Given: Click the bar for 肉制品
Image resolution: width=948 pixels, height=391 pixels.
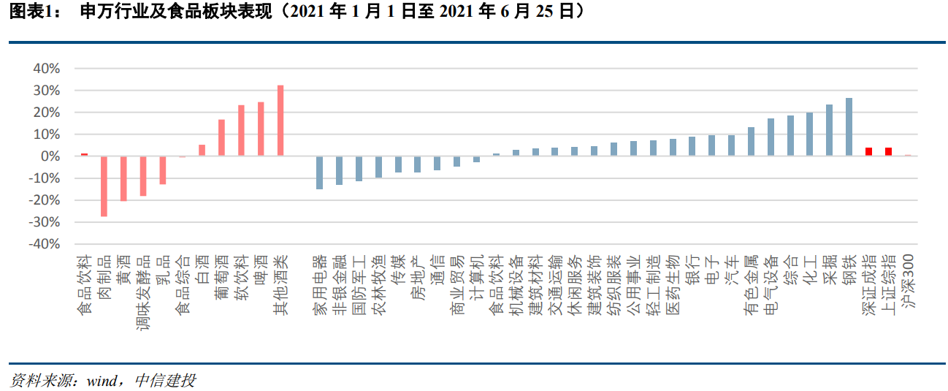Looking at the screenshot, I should [104, 186].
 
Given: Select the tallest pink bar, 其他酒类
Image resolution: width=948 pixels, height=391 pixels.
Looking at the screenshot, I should [280, 121].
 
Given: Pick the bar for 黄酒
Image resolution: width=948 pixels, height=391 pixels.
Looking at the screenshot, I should [123, 178].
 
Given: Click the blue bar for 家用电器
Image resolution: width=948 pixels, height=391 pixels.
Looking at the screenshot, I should [319, 172].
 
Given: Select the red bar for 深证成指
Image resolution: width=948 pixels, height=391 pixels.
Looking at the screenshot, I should [868, 152].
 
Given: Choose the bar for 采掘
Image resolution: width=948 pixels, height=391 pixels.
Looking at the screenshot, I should [829, 130].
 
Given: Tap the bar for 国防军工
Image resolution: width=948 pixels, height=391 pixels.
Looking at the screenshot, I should [359, 168].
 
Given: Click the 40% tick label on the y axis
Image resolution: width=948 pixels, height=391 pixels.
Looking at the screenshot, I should [46, 69].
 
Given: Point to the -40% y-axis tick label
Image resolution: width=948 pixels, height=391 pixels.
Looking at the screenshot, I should [44, 244].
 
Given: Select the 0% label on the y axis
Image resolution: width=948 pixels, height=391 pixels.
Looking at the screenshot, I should [50, 156].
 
